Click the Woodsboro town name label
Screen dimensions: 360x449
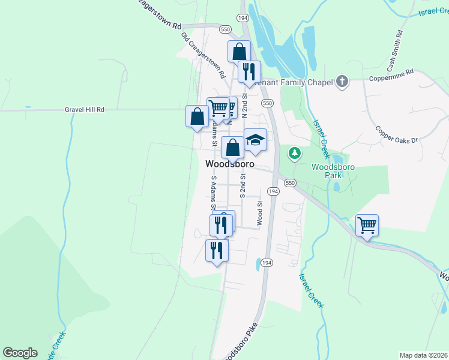tap(229, 164)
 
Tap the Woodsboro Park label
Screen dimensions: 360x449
tap(327, 171)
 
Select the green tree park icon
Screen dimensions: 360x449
tap(294, 154)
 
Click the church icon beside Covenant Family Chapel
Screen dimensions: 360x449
tap(342, 81)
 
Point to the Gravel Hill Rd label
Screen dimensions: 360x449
tap(85, 110)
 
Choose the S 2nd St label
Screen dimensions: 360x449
tap(243, 185)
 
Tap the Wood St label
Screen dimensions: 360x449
tap(260, 213)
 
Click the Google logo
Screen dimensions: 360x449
tap(20, 353)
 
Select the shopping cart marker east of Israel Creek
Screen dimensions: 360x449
tap(367, 226)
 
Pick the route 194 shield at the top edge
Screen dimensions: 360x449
tap(243, 19)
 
